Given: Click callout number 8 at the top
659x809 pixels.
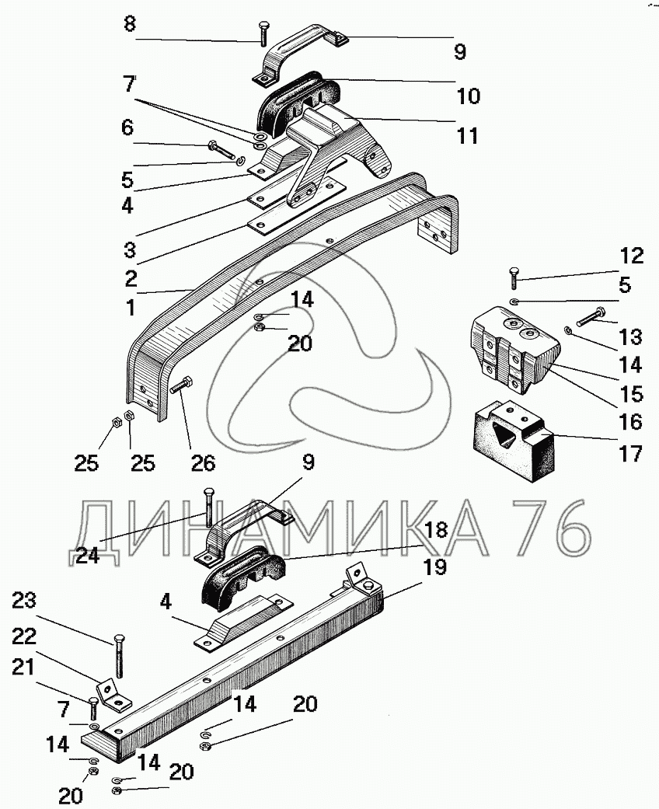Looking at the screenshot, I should tap(130, 25).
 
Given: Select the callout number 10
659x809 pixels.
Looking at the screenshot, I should tap(469, 96).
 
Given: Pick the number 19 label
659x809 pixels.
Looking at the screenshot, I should tap(434, 567).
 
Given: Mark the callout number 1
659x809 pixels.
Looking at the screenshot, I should tap(130, 307).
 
